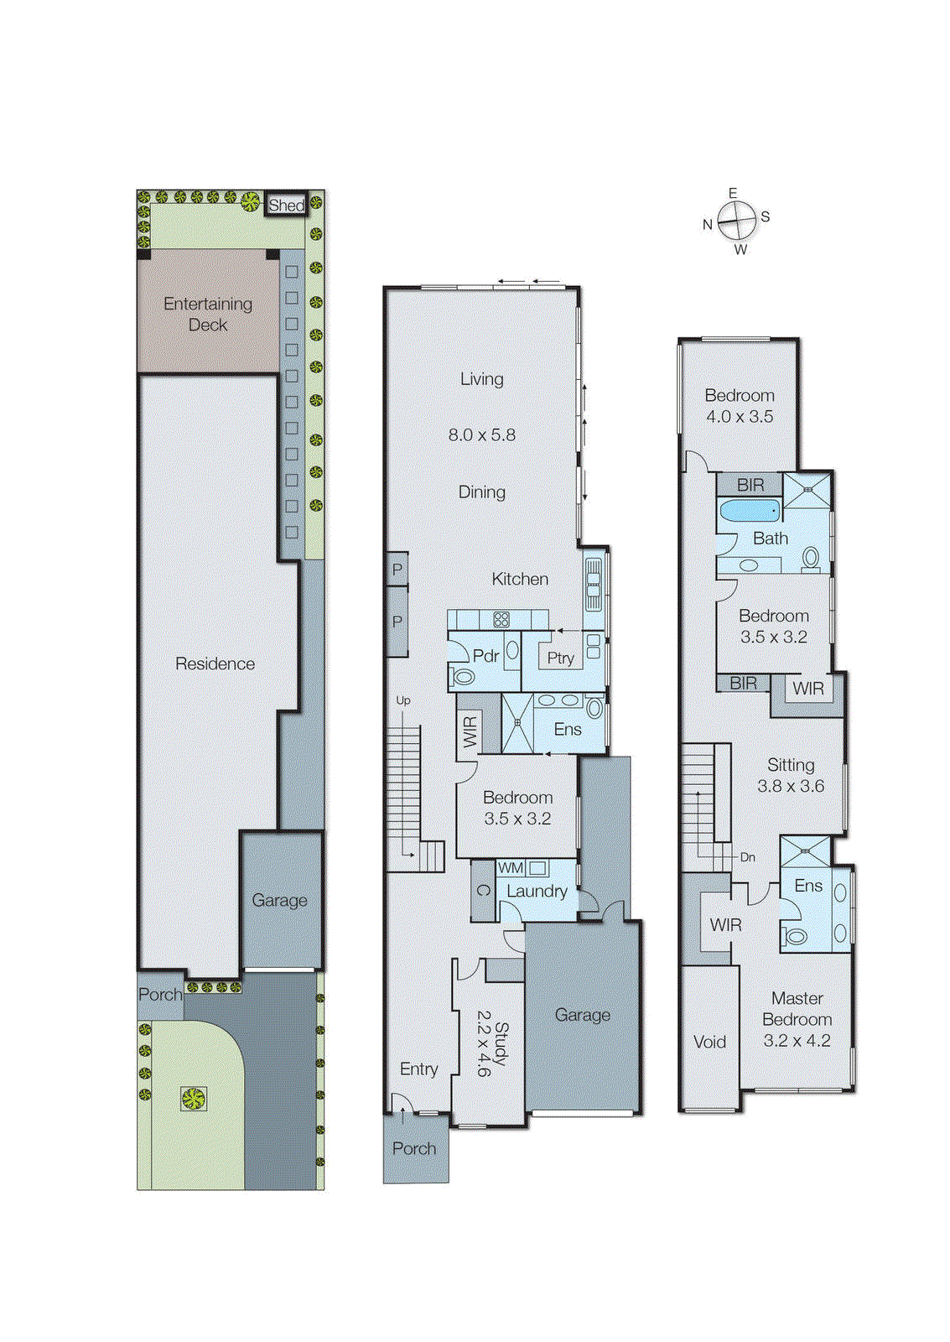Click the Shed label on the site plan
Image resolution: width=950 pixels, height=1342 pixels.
tap(285, 205)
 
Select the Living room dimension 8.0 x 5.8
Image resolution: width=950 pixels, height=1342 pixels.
tap(481, 434)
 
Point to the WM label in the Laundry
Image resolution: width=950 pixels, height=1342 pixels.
tap(511, 868)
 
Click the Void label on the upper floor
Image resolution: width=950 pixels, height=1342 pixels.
tap(709, 1042)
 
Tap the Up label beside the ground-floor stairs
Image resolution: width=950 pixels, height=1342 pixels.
tap(403, 700)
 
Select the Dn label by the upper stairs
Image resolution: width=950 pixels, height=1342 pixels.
tap(747, 857)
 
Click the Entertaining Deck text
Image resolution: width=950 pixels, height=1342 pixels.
tap(208, 315)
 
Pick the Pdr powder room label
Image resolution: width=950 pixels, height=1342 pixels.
tap(485, 656)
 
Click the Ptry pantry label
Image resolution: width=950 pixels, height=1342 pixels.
tap(560, 658)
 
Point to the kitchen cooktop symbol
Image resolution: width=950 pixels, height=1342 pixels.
tap(501, 620)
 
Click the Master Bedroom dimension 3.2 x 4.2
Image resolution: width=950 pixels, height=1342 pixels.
tap(797, 1041)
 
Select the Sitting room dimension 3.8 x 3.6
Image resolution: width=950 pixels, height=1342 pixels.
tap(791, 786)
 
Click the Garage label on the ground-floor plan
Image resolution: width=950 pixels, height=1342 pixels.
tap(582, 1015)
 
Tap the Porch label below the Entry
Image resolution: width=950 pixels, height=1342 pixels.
tap(414, 1148)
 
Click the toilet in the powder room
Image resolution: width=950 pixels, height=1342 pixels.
tap(463, 677)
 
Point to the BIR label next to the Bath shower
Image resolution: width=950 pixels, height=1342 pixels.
tap(750, 485)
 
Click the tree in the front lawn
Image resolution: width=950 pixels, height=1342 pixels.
tap(194, 1099)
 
